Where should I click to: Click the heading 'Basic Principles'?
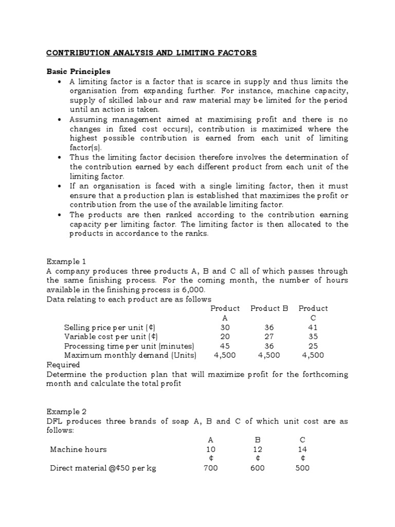78,72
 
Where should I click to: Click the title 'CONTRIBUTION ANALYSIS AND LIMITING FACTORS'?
152,53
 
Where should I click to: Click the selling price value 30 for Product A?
225,327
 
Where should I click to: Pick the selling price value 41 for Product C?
313,327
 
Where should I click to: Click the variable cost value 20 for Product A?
225,337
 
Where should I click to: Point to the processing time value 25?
313,346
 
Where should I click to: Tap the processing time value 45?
225,346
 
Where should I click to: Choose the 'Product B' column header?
269,308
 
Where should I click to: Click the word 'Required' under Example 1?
63,364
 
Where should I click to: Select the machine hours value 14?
302,449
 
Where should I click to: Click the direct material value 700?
211,468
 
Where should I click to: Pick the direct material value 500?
302,468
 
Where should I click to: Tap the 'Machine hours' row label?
78,449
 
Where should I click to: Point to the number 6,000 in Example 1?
186,290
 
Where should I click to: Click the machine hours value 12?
258,449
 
